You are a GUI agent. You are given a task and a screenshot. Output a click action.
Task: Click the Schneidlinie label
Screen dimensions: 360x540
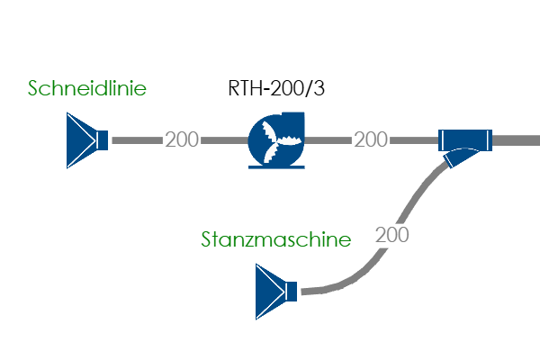87,88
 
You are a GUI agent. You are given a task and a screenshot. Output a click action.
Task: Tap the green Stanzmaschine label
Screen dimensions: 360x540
274,240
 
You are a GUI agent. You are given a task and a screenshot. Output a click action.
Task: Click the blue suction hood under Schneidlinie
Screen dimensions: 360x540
81,140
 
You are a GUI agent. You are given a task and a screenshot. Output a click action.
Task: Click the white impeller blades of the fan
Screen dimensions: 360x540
272,140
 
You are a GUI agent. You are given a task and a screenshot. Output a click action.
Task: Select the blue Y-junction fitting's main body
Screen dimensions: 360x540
465,140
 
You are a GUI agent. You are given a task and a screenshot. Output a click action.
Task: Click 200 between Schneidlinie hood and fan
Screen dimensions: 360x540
182,140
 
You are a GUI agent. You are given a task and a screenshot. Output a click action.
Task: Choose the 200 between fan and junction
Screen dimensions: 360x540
371,140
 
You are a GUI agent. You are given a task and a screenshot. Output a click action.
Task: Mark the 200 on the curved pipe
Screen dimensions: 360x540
391,236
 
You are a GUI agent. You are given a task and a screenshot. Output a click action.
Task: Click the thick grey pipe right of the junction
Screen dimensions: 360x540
517,140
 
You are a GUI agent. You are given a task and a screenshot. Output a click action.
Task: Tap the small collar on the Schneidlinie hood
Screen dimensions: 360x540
103,140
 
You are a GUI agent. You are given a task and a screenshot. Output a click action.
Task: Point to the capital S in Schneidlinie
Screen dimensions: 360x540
34,88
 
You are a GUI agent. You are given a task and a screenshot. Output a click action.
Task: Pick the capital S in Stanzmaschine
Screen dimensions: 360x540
208,240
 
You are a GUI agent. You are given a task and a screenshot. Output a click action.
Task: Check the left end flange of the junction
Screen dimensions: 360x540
442,140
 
